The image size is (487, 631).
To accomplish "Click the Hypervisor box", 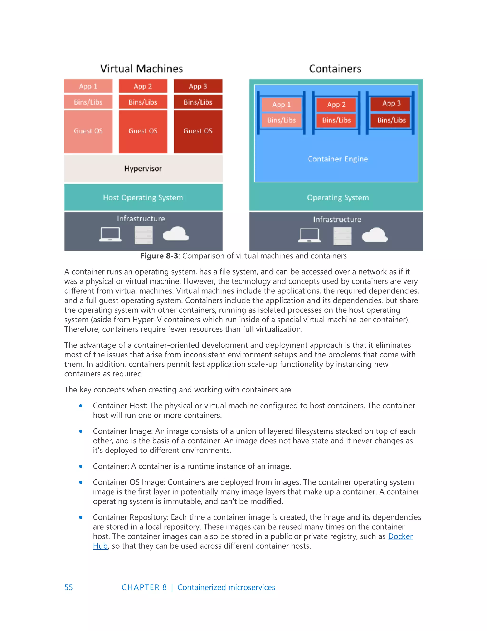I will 143,168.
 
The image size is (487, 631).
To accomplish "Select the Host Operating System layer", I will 143,198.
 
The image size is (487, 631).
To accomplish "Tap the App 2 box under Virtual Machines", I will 143,86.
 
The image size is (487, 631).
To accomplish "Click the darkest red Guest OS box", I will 198,131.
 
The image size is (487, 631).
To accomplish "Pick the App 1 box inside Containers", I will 281,105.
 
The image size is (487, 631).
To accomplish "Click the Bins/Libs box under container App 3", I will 391,120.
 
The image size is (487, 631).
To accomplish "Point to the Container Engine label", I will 338,159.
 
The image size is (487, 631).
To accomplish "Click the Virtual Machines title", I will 141,69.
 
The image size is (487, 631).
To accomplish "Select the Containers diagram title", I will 335,69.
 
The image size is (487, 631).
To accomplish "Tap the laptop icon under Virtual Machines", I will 110,234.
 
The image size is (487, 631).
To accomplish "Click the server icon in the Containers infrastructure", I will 342,236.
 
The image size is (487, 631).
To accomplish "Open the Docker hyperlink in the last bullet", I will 400,536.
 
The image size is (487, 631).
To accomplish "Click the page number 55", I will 69,587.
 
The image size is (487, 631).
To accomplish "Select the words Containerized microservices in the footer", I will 226,587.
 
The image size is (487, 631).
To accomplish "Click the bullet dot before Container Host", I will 81,406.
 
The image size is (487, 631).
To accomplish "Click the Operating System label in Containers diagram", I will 338,198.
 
